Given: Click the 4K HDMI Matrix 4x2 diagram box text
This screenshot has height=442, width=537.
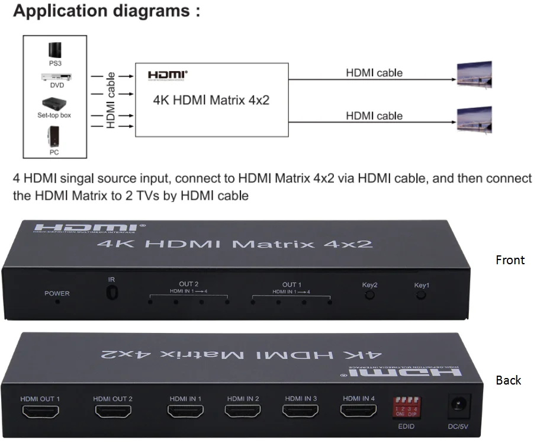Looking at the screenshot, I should [211, 100].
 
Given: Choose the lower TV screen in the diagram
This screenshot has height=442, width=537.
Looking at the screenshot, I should [474, 119].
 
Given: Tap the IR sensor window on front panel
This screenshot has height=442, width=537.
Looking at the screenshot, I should [111, 292].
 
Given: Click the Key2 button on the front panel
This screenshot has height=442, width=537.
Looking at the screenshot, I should [369, 294].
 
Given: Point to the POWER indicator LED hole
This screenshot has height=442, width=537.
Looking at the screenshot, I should [57, 302].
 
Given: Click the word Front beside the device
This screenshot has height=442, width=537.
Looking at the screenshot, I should [510, 260].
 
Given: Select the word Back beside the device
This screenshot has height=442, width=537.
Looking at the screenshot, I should [508, 380].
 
